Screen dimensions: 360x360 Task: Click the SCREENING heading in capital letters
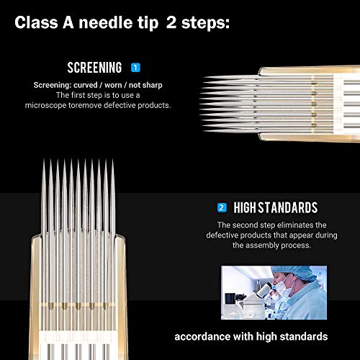(94, 68)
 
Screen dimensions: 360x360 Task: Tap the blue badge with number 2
(222, 208)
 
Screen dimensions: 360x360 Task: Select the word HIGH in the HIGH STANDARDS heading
(246, 208)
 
